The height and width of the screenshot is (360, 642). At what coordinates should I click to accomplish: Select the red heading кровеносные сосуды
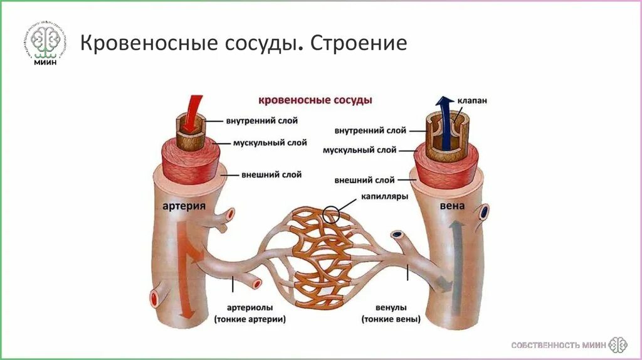click(x=316, y=100)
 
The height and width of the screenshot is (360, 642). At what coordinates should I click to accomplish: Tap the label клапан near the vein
click(x=471, y=100)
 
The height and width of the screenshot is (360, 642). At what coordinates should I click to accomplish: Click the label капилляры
click(x=384, y=196)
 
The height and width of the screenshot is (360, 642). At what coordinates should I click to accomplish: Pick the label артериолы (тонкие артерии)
click(x=250, y=314)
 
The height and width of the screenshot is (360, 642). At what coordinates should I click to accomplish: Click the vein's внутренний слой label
click(x=370, y=130)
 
